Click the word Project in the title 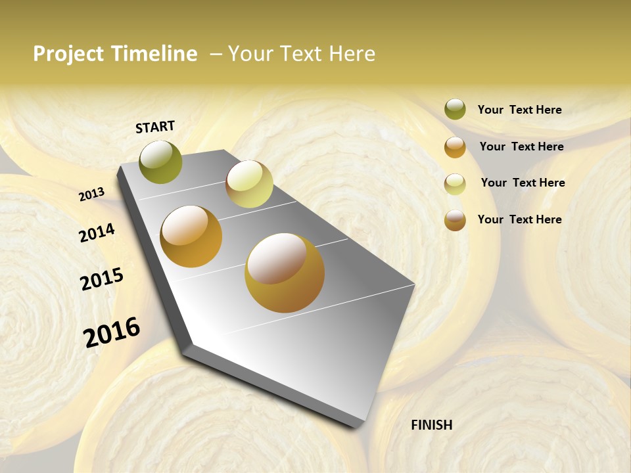pyautogui.click(x=69, y=54)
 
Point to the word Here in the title pyautogui.click(x=352, y=54)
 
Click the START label pyautogui.click(x=155, y=126)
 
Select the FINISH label pyautogui.click(x=432, y=425)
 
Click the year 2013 pyautogui.click(x=91, y=194)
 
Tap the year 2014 pyautogui.click(x=97, y=233)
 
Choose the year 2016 pyautogui.click(x=112, y=332)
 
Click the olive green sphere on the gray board pyautogui.click(x=160, y=162)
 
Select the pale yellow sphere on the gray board pyautogui.click(x=249, y=184)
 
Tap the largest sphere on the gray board pyautogui.click(x=285, y=273)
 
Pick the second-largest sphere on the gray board pyautogui.click(x=191, y=236)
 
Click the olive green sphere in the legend pyautogui.click(x=455, y=109)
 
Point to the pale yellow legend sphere pyautogui.click(x=455, y=184)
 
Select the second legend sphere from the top pyautogui.click(x=455, y=146)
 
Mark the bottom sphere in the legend pyautogui.click(x=455, y=220)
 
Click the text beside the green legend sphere pyautogui.click(x=519, y=110)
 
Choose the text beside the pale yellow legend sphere pyautogui.click(x=523, y=183)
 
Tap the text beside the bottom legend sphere pyautogui.click(x=519, y=219)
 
